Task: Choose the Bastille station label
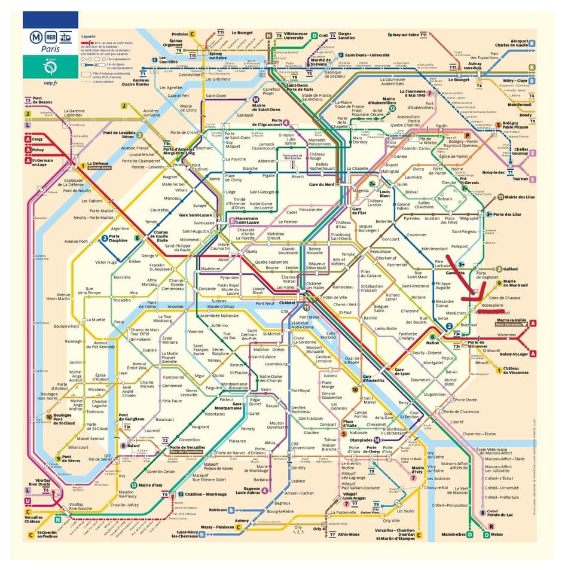coord(362,318)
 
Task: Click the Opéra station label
coord(252,252)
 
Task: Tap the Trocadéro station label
coord(121,300)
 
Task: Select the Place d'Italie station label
coord(350,424)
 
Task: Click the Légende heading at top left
coord(88,36)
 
